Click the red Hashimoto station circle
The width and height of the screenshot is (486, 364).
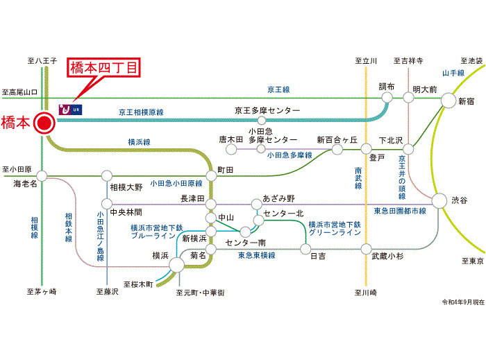click(44, 123)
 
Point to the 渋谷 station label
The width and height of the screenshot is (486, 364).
click(460, 200)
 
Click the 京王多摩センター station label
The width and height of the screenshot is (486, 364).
click(267, 111)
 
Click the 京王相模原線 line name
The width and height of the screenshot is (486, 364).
click(141, 112)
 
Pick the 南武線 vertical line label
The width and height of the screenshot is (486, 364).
click(358, 179)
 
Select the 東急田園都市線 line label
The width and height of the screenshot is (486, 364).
click(400, 211)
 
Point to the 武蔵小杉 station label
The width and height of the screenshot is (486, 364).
click(387, 256)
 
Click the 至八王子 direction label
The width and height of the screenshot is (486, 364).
click(42, 62)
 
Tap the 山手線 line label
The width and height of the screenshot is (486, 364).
click(453, 73)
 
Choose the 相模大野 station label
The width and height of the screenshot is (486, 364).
click(126, 187)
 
